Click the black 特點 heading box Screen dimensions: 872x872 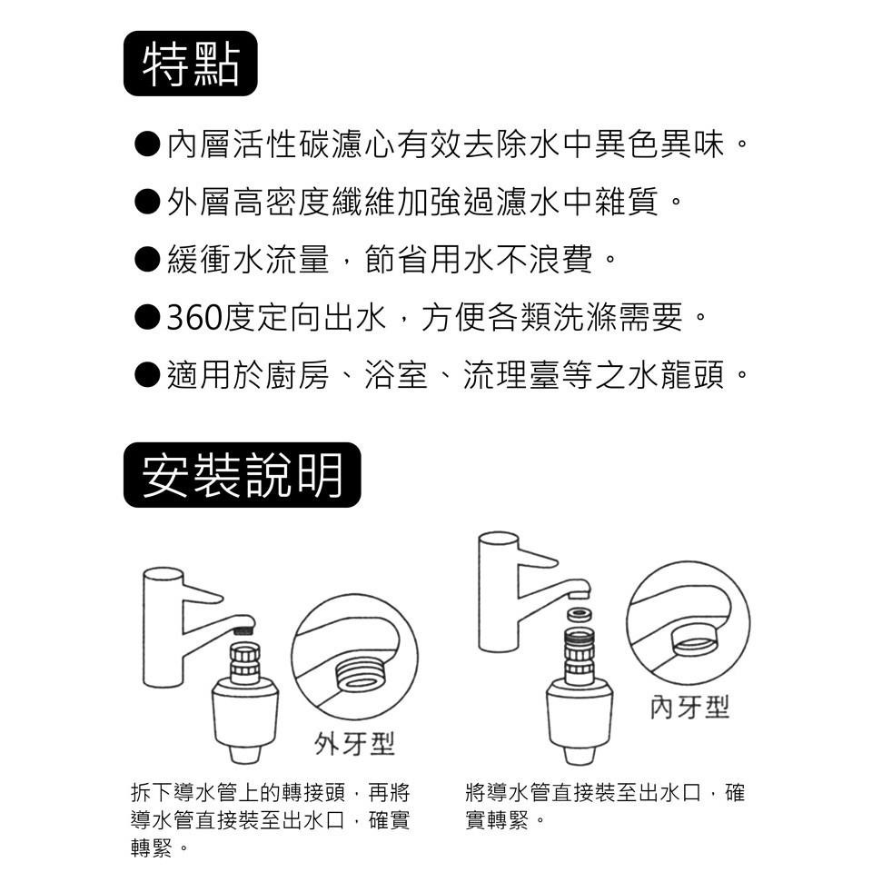[x=190, y=64]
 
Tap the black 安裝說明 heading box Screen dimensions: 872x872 [x=242, y=474]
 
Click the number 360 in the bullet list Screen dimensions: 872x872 [x=192, y=318]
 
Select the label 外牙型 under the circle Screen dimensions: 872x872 [x=354, y=745]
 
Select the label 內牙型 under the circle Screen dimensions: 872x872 [x=689, y=708]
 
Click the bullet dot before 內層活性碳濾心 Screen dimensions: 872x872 [x=147, y=144]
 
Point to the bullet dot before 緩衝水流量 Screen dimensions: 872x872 [x=147, y=260]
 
